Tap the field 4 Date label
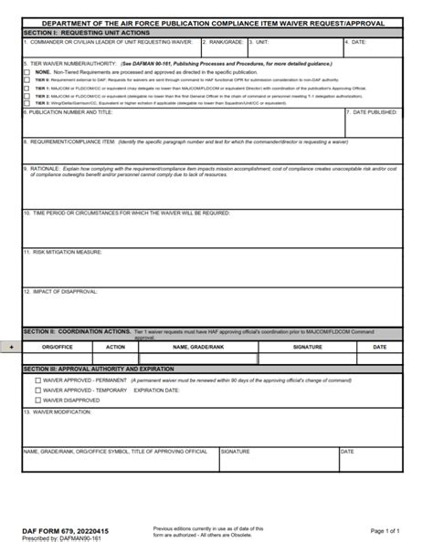pyautogui.click(x=359, y=42)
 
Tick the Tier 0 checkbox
pyautogui.click(x=26, y=78)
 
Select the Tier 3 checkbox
pyautogui.click(x=26, y=101)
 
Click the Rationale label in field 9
pyautogui.click(x=41, y=168)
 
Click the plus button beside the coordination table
pyautogui.click(x=11, y=348)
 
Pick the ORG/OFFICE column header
pyautogui.click(x=58, y=348)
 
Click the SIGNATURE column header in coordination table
pyautogui.click(x=307, y=348)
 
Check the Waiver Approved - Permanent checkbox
pyautogui.click(x=37, y=380)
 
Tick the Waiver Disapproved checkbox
pyautogui.click(x=37, y=400)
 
